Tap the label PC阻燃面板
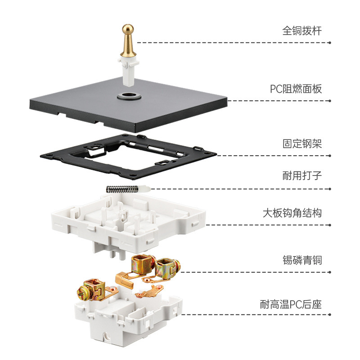click(x=296, y=89)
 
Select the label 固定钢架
click(x=302, y=144)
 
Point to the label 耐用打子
click(x=302, y=176)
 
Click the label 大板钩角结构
click(x=292, y=212)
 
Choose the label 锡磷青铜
click(x=302, y=260)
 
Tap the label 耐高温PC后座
click(x=291, y=305)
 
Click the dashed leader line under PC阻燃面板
click(x=279, y=101)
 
